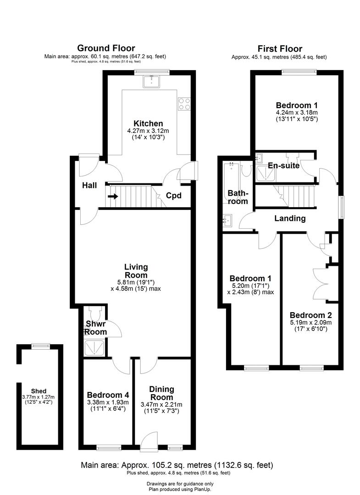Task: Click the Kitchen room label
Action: click(148, 123)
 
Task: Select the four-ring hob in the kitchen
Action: click(184, 104)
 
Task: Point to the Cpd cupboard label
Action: click(173, 196)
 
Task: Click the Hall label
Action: click(89, 185)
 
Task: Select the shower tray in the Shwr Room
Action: click(94, 347)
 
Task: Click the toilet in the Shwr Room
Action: click(94, 314)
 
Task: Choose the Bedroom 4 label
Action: click(108, 395)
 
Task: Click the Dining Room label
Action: click(161, 393)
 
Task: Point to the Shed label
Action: click(39, 391)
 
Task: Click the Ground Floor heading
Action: click(106, 48)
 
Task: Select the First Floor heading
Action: click(280, 49)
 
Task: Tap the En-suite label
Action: click(284, 165)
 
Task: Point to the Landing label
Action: click(290, 219)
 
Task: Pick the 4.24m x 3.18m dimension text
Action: click(297, 113)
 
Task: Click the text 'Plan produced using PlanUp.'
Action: click(180, 489)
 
